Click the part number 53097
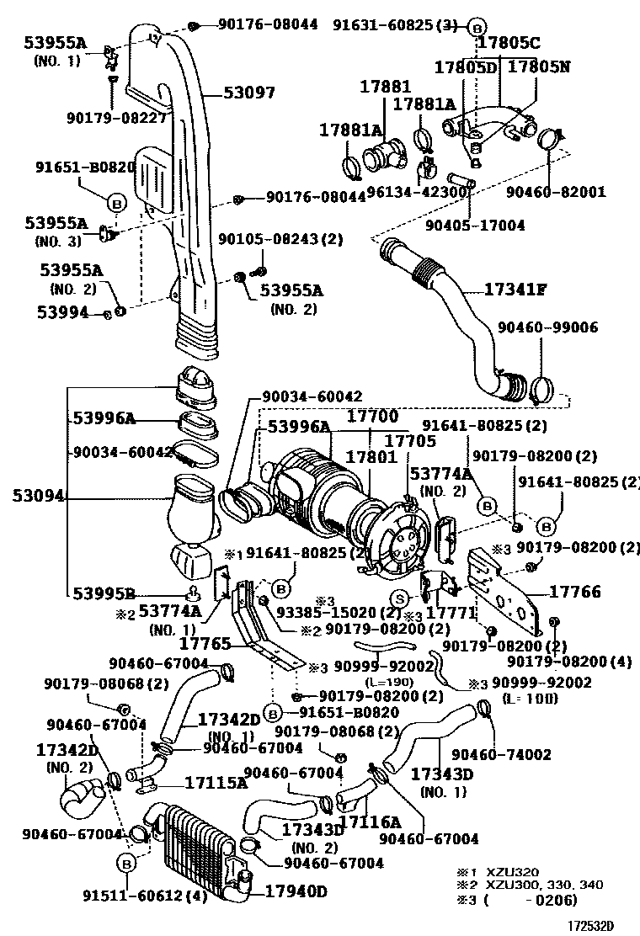pos(249,93)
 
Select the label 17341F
pos(515,290)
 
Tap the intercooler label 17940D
pos(296,891)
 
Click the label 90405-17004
pos(475,226)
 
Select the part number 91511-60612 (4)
pos(144,896)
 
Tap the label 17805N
pos(539,66)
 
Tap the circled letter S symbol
pos(401,598)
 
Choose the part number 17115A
pos(216,783)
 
